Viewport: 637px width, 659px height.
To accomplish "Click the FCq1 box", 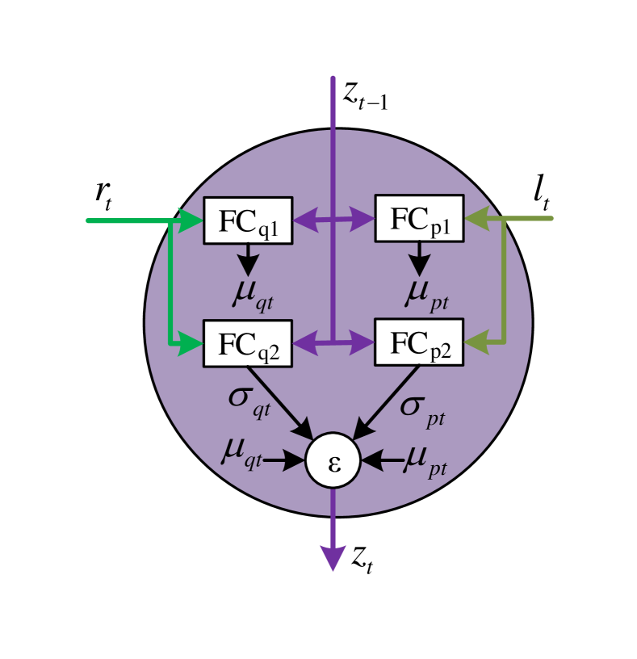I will point(247,220).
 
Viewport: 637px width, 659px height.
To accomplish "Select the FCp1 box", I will point(419,218).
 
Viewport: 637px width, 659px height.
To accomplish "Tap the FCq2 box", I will point(247,343).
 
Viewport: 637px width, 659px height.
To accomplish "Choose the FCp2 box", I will point(419,342).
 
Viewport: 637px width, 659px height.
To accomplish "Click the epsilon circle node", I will point(333,460).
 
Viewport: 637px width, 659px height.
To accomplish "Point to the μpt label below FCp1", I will point(425,294).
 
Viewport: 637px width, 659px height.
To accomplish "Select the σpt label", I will point(422,408).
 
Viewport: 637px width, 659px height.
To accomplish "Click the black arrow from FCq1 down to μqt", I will point(248,259).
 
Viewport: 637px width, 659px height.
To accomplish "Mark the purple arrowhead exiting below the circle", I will point(333,557).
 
